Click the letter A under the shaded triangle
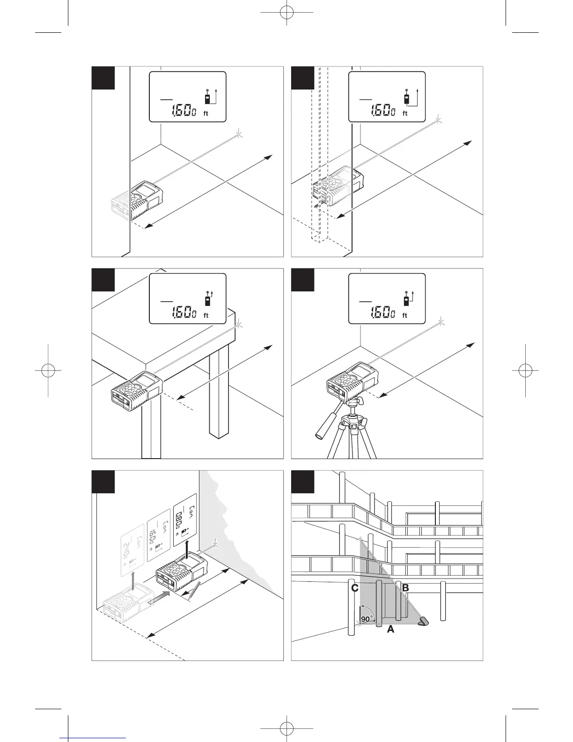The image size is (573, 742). click(x=390, y=630)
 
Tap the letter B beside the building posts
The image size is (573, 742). click(x=405, y=587)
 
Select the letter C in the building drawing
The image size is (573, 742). click(x=355, y=588)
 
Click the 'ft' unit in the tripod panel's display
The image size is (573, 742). click(x=405, y=316)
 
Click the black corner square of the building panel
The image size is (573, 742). click(x=302, y=482)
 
